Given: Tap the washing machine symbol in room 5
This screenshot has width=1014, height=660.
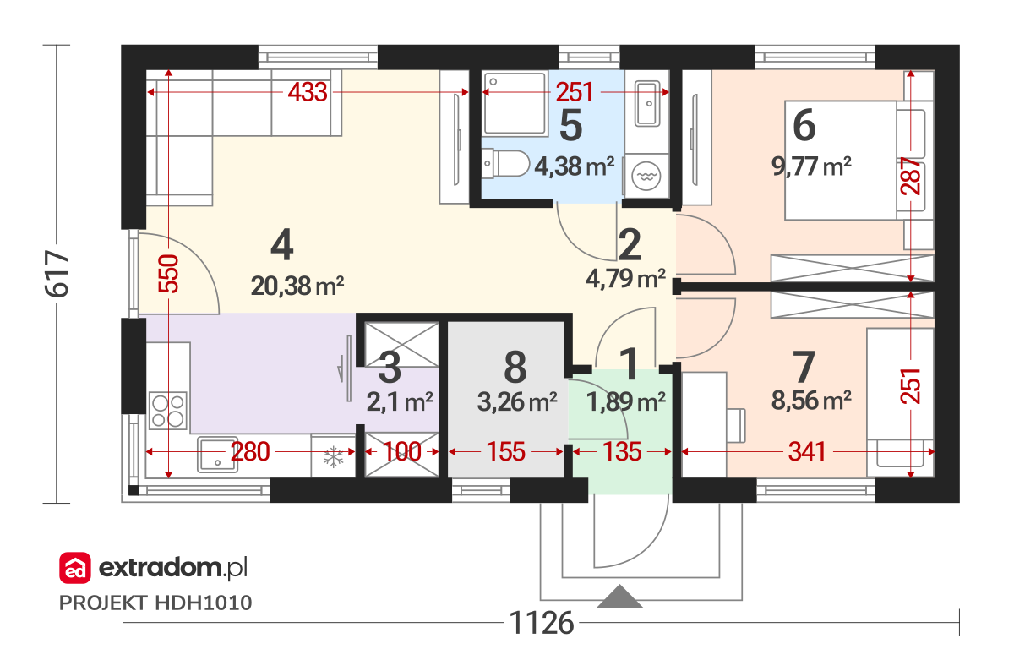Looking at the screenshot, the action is point(646,176).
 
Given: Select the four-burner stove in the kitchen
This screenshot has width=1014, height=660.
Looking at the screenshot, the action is point(168,410).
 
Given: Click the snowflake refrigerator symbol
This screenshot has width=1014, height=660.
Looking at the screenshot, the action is point(333,456).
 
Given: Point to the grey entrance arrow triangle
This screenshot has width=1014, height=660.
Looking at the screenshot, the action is point(619,597).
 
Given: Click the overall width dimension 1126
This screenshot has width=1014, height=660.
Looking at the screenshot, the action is point(542,623).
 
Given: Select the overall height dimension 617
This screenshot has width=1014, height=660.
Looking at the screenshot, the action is point(57,274).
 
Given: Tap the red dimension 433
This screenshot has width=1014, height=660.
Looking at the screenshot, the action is point(308,92).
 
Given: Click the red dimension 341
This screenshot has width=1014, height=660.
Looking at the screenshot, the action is point(807,452).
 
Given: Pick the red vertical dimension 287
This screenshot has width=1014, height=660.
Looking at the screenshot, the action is point(911,176).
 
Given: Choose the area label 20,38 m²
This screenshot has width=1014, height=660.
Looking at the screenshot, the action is point(297,286).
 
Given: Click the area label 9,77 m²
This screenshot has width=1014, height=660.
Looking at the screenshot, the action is point(811,166).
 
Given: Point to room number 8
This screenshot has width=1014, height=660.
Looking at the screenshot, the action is point(515,367).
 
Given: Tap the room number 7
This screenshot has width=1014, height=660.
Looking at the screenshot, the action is point(804,367).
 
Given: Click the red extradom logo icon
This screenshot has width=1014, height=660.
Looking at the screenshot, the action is point(75,568).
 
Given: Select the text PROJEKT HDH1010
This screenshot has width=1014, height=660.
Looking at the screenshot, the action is point(155,603).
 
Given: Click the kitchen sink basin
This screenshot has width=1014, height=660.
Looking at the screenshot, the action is point(217,455).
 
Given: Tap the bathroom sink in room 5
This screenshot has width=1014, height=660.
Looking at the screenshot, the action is point(647,104).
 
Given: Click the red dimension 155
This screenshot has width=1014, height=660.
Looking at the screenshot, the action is point(505,452).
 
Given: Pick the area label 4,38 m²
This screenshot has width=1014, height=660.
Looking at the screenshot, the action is point(575,166).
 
